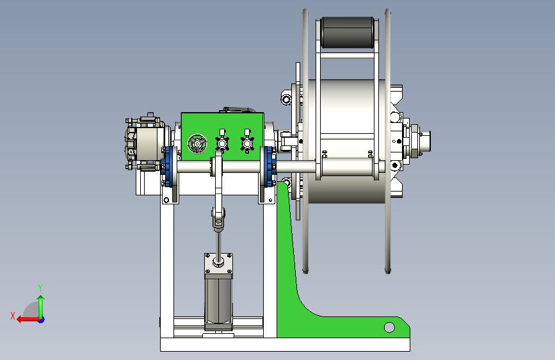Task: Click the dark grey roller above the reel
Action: click(348, 32)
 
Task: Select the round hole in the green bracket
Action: click(389, 327)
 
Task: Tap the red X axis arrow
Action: click(29, 320)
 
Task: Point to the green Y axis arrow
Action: click(41, 307)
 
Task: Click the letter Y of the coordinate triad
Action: click(40, 288)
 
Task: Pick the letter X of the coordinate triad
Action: click(13, 316)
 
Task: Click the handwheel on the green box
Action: click(197, 143)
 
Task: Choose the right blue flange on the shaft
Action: click(269, 166)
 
